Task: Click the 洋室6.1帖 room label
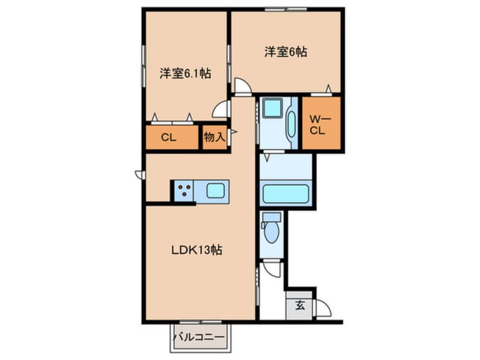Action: (185, 73)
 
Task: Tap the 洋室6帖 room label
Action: (285, 52)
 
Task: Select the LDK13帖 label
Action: (196, 250)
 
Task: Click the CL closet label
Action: (169, 137)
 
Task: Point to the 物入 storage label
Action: (214, 137)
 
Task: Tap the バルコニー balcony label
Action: (199, 337)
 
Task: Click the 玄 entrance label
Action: (300, 305)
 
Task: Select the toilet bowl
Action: (271, 232)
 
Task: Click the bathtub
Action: (285, 194)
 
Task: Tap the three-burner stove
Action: (184, 190)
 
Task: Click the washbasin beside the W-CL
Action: (292, 124)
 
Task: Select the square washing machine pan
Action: (272, 108)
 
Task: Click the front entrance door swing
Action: (323, 308)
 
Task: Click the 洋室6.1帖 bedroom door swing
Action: (220, 109)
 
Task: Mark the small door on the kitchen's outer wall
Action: (139, 175)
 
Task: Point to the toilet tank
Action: (272, 217)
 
